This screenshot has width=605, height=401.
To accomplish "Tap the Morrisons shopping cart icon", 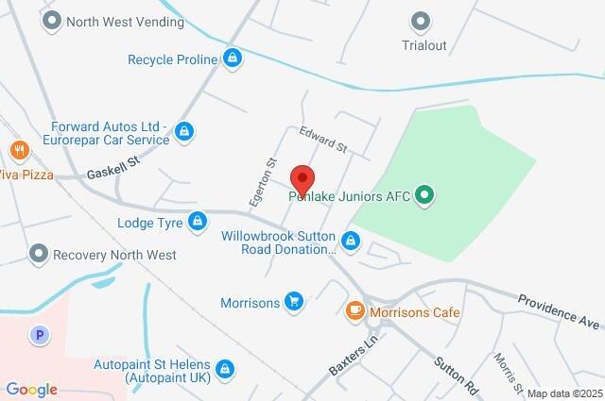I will point(294,302).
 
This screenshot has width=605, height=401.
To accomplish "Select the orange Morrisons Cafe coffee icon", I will point(354,309).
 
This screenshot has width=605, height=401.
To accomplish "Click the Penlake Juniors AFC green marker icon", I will point(425,196).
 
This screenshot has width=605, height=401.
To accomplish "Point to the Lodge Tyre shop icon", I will point(198,223).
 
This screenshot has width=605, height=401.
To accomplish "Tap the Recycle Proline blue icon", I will point(233,59).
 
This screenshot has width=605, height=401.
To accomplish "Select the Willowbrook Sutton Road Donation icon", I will point(351,242).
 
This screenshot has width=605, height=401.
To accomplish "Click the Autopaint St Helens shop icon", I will point(225,368).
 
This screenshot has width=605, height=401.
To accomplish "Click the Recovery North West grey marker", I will point(38,254).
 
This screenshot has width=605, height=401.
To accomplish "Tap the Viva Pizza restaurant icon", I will point(17,150).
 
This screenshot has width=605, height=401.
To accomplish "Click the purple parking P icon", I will point(39,333).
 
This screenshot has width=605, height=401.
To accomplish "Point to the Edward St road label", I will point(323,140).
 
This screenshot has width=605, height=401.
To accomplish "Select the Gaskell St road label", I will point(112,169).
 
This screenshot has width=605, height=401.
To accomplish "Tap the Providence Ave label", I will point(559,310).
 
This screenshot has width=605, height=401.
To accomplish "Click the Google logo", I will point(31,390).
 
